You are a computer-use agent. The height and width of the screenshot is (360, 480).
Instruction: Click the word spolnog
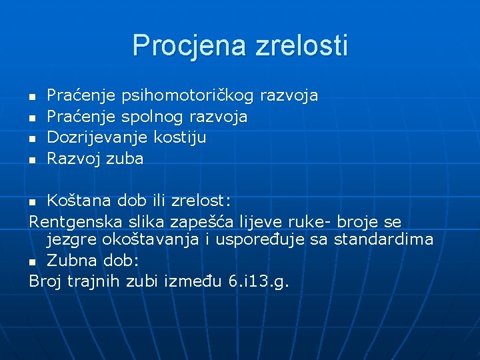tap(153, 117)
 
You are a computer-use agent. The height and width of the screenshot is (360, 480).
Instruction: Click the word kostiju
tap(180, 138)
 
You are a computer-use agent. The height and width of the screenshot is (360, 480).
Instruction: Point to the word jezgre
tap(69, 239)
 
